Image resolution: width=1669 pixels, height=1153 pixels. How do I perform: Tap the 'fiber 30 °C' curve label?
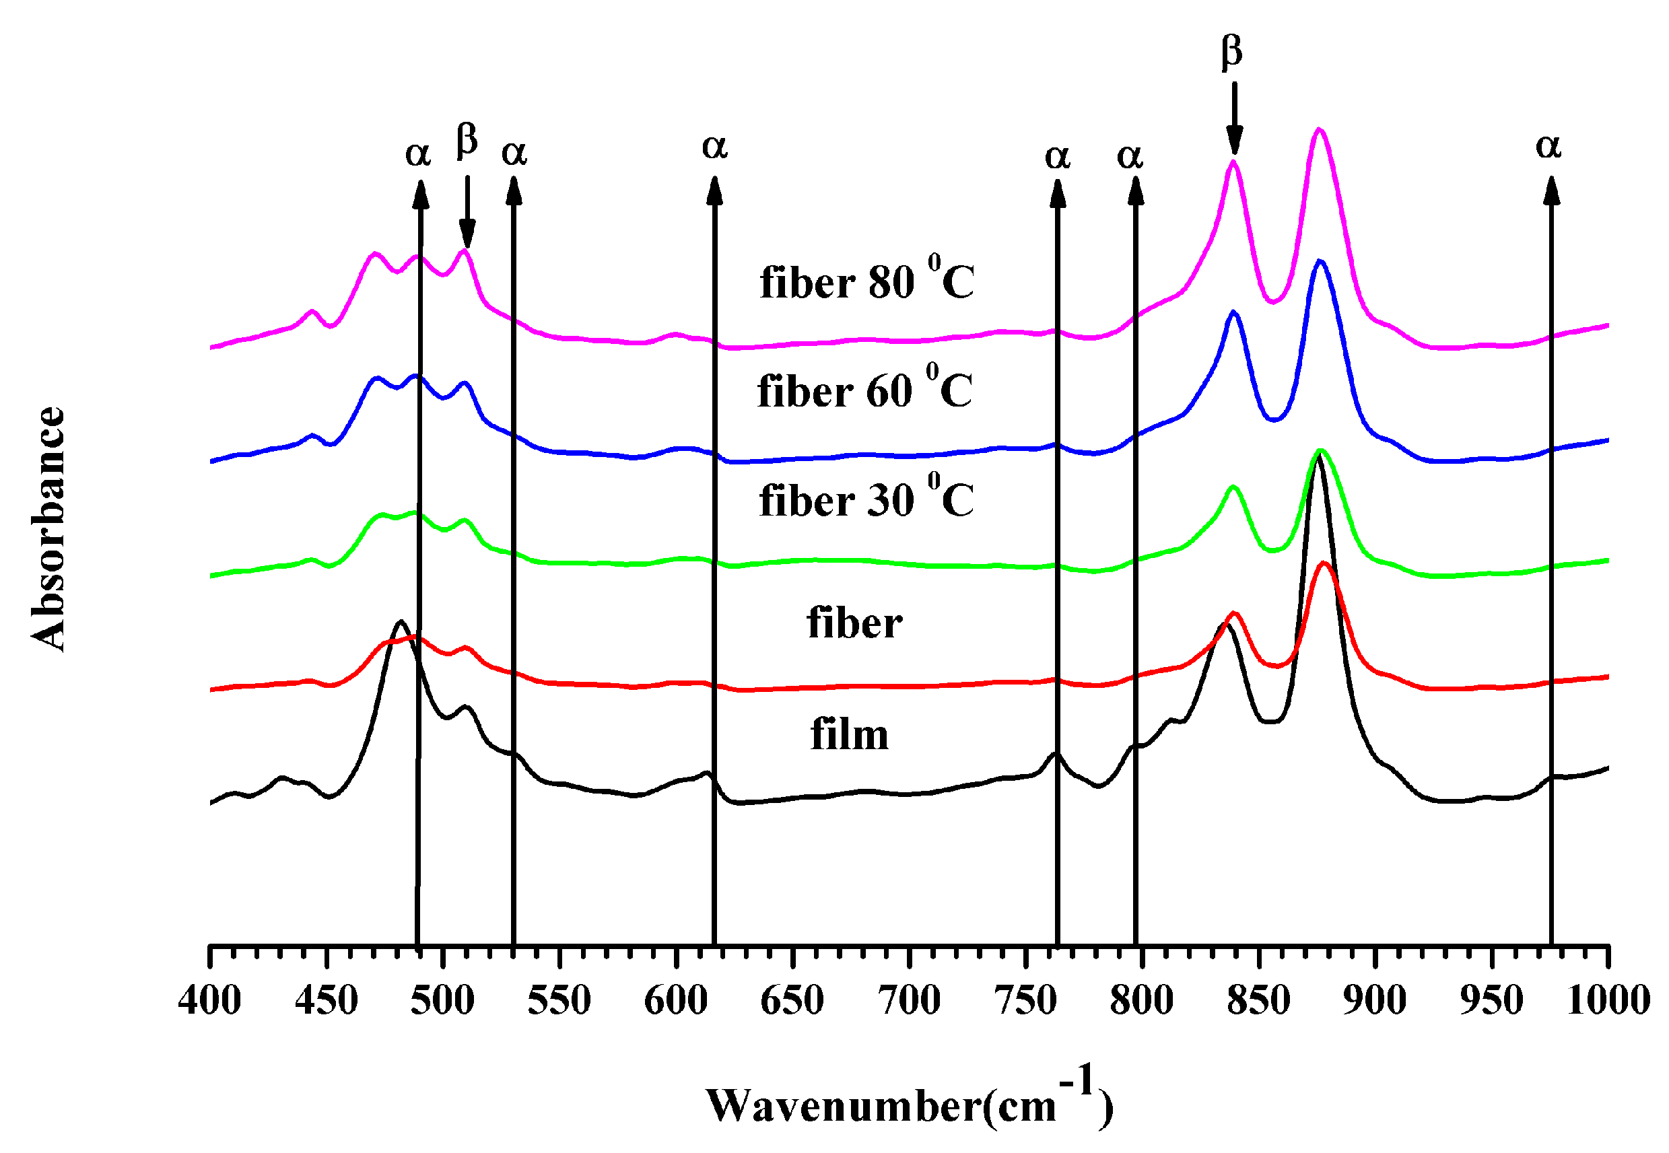(866, 499)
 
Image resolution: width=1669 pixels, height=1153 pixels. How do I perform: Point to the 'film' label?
(849, 736)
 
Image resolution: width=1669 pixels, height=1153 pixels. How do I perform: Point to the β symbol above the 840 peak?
(1232, 52)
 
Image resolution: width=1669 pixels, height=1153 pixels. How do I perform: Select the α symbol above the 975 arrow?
(1548, 147)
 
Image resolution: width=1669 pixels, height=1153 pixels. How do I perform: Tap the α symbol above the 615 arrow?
(714, 147)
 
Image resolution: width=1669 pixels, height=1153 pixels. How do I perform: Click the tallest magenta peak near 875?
(1319, 130)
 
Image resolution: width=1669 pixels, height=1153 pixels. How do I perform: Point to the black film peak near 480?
(401, 622)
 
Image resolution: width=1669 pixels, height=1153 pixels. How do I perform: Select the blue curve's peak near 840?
(1233, 312)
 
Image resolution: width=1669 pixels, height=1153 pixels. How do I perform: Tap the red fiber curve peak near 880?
(1324, 563)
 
